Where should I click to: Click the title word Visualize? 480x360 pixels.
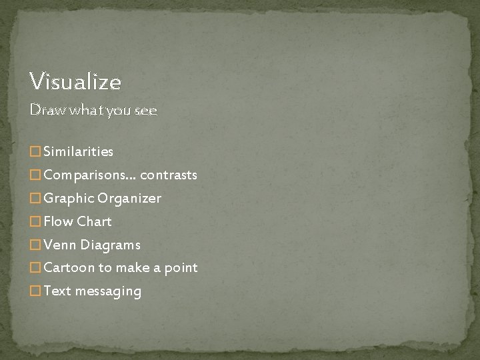click(x=75, y=82)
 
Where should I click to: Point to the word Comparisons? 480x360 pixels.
click(x=85, y=175)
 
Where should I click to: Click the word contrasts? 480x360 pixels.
click(x=168, y=175)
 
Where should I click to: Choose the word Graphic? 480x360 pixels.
click(x=69, y=199)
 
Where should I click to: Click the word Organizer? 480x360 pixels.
click(x=129, y=199)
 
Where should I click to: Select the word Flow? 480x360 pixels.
click(x=59, y=221)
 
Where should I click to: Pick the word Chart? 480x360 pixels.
click(x=95, y=221)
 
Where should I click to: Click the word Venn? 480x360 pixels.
click(x=60, y=245)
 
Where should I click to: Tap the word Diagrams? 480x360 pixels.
click(x=110, y=245)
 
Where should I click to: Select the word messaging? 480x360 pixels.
click(x=108, y=291)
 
